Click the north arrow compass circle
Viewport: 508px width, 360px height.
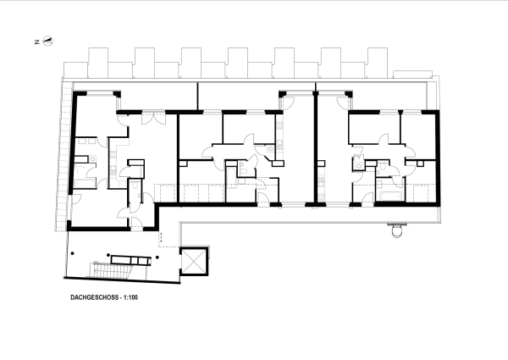tap(48, 42)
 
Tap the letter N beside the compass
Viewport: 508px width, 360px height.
tap(37, 42)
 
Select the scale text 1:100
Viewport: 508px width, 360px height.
tap(130, 297)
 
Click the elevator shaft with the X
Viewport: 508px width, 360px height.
tap(194, 261)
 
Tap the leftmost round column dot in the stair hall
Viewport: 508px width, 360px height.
tap(73, 253)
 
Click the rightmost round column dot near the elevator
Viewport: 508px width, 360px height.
tap(157, 258)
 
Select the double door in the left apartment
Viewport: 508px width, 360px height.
tap(153, 118)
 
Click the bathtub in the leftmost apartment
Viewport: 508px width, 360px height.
tap(85, 183)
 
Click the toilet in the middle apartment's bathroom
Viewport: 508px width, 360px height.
tap(243, 171)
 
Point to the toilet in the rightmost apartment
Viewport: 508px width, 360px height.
tap(383, 166)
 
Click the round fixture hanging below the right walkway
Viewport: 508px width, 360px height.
tap(397, 231)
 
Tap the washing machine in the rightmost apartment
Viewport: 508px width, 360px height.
tap(359, 166)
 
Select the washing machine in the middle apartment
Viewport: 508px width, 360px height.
tap(271, 149)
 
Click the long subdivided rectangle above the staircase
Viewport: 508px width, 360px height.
tap(131, 260)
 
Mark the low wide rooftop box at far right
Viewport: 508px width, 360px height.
tap(412, 75)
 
